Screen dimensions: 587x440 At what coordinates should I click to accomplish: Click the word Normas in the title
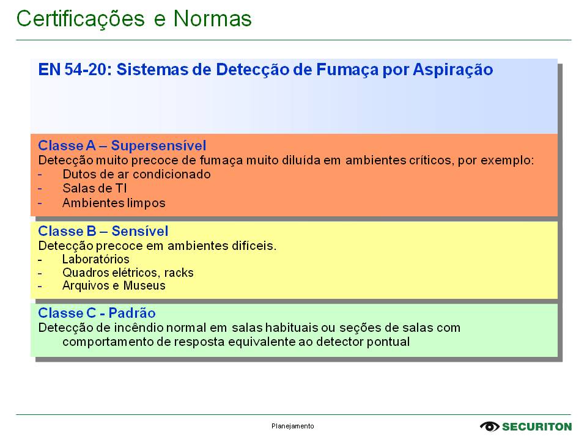[x=213, y=18]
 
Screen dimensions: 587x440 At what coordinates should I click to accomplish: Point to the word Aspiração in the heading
[x=453, y=70]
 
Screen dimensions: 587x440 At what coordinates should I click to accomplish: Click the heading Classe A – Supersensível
[x=122, y=145]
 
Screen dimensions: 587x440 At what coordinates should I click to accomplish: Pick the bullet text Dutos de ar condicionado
[x=136, y=174]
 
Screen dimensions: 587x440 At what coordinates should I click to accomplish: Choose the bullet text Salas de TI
[x=95, y=188]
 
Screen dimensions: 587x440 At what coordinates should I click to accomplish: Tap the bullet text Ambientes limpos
[x=114, y=203]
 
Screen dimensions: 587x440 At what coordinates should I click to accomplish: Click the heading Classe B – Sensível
[x=103, y=231]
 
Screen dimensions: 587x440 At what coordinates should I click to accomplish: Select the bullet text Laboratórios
[x=96, y=259]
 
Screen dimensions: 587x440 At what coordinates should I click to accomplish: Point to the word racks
[x=179, y=273]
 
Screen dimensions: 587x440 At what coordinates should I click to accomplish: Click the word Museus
[x=144, y=285]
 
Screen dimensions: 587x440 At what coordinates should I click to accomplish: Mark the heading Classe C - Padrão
[x=97, y=313]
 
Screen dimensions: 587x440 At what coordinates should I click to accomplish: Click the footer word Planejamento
[x=293, y=426]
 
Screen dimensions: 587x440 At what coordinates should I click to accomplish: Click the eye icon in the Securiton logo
[x=490, y=427]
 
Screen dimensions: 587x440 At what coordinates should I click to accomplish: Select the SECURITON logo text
[x=537, y=427]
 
